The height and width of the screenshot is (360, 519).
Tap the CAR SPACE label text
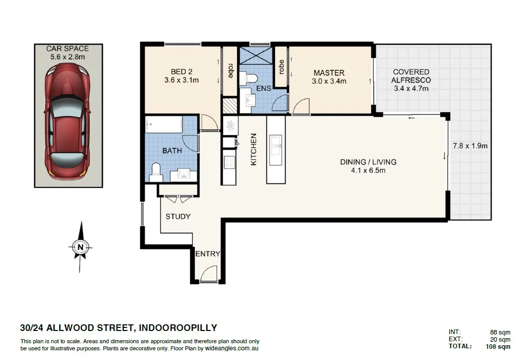click(x=67, y=48)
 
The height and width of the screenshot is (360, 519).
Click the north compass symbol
click(x=80, y=247)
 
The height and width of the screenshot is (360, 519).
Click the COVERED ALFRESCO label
click(x=411, y=76)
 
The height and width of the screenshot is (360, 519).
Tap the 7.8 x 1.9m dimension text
click(x=470, y=146)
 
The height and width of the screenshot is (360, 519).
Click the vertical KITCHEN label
click(x=253, y=149)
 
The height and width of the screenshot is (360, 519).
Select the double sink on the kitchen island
click(x=276, y=145)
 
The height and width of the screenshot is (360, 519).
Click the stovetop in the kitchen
click(x=229, y=162)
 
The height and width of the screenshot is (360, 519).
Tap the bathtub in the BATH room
click(x=163, y=125)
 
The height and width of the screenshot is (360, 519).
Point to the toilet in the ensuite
click(x=250, y=78)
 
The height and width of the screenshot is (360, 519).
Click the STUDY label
click(x=178, y=216)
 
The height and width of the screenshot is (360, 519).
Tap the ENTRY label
click(x=208, y=254)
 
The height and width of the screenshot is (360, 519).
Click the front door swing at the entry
click(x=209, y=275)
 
